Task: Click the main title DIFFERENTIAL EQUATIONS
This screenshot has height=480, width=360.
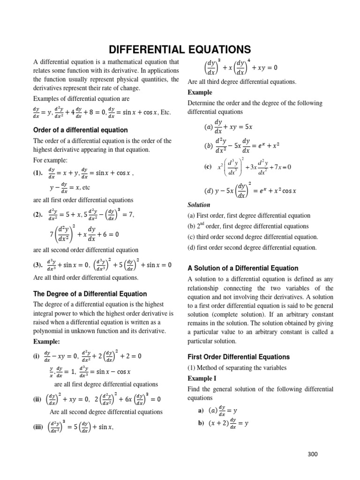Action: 180,49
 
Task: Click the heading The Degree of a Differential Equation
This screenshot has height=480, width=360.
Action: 90,294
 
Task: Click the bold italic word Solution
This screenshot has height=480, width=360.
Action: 199,205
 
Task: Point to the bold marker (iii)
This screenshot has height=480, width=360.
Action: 40,427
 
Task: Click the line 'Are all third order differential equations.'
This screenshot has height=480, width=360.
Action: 85,277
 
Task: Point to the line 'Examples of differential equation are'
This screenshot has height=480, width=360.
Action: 82,99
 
